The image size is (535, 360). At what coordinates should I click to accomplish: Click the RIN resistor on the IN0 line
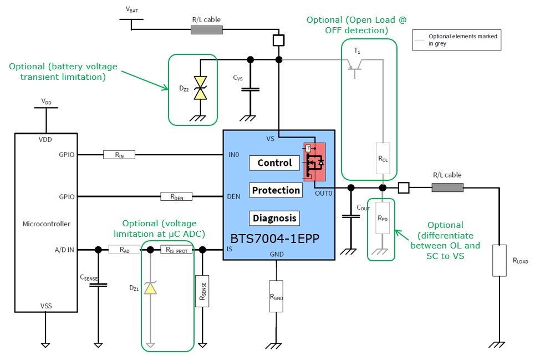(119, 155)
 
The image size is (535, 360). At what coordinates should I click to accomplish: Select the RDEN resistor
(176, 196)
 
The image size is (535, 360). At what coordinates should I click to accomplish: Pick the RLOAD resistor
(500, 260)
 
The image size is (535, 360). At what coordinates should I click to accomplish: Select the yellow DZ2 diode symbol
(200, 88)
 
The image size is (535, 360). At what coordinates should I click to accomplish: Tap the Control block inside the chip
(274, 163)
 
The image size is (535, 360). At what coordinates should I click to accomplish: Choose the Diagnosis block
(274, 218)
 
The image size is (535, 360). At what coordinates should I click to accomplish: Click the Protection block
(276, 190)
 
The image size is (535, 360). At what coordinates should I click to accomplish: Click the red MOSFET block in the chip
(313, 161)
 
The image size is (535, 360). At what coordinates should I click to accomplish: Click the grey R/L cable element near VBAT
(206, 29)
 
